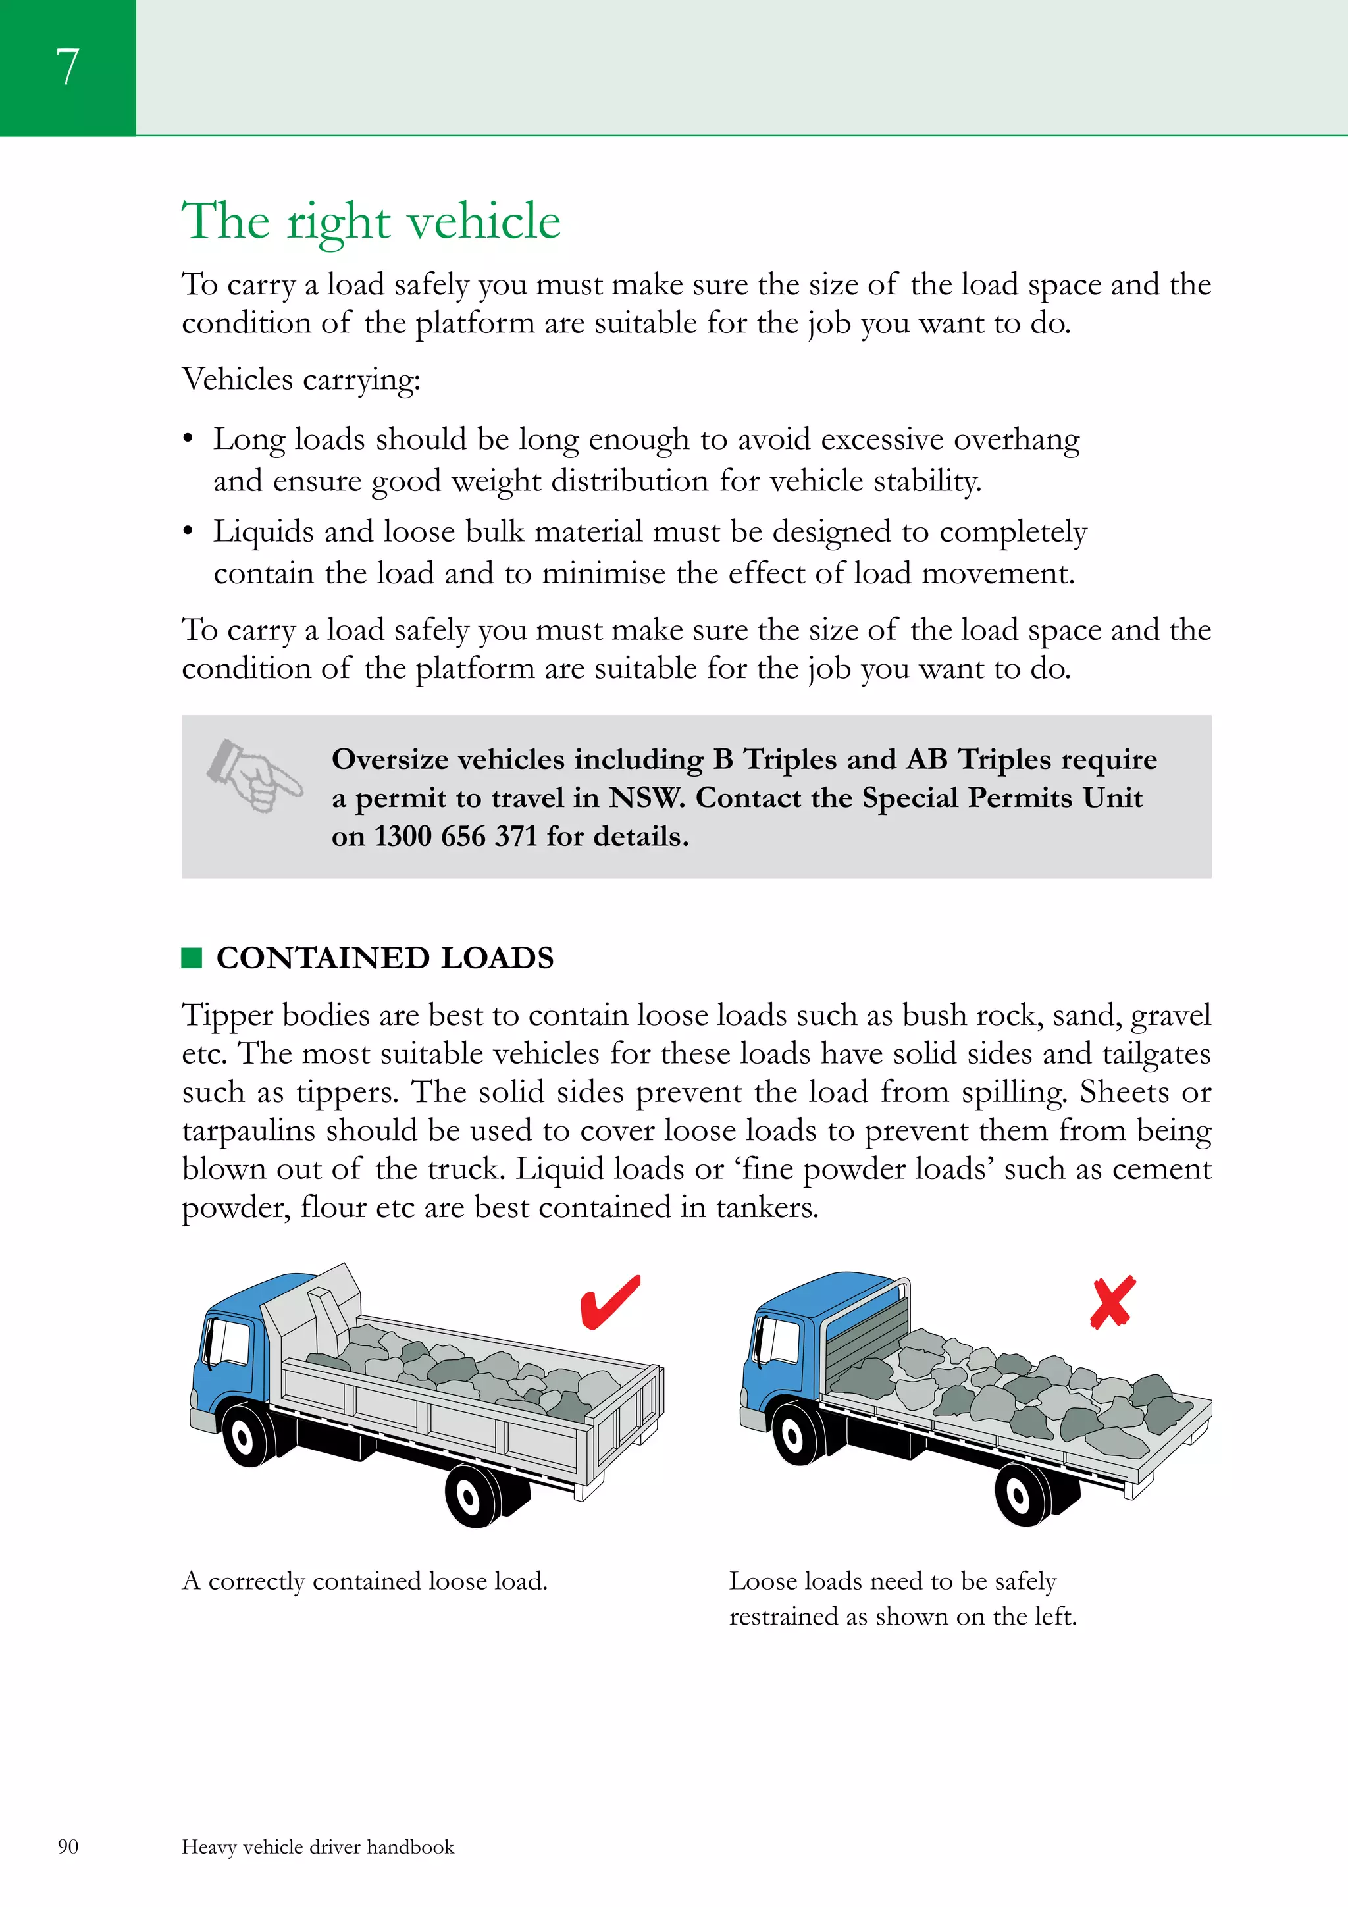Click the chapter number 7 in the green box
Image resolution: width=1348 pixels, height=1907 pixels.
tap(67, 66)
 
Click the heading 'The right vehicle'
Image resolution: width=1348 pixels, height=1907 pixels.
tap(371, 221)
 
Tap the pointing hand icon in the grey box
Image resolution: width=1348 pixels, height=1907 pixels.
tap(254, 775)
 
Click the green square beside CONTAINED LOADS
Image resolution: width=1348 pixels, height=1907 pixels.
tap(192, 958)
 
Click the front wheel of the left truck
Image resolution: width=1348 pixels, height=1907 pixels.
tap(244, 1435)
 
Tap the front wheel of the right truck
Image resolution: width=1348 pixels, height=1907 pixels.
tap(793, 1435)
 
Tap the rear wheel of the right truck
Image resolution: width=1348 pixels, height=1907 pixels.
tap(1019, 1495)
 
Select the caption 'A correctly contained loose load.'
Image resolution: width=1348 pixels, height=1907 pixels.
tap(365, 1580)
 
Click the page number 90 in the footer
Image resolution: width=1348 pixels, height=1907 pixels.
tap(68, 1846)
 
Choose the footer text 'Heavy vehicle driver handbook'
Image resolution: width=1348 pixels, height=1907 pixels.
tap(318, 1846)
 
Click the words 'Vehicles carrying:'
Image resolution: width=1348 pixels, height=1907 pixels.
tap(301, 380)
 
